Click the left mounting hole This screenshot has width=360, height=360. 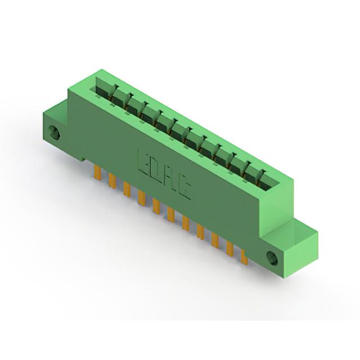(55, 132)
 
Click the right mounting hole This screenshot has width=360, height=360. (272, 258)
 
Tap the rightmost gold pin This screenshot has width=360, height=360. (245, 258)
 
